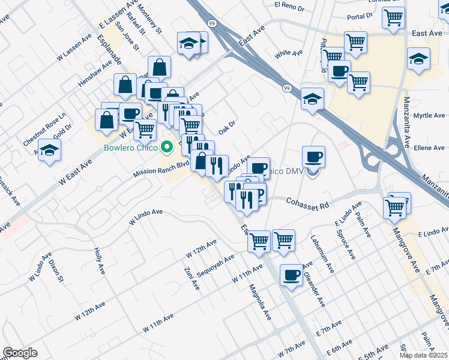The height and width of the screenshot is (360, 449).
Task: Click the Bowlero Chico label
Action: [x=130, y=148]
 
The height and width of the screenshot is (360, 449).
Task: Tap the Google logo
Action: [x=20, y=353]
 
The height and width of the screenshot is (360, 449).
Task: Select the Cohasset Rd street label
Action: [x=307, y=203]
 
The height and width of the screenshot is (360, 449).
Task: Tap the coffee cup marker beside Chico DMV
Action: [x=313, y=157]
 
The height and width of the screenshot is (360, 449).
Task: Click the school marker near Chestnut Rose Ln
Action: [x=49, y=149]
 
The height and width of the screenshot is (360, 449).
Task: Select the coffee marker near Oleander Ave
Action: [x=292, y=275]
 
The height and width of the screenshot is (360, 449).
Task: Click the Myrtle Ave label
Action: [x=429, y=116]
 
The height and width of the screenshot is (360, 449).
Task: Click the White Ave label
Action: [x=288, y=54]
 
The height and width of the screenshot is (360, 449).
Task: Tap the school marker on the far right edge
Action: [x=418, y=59]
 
